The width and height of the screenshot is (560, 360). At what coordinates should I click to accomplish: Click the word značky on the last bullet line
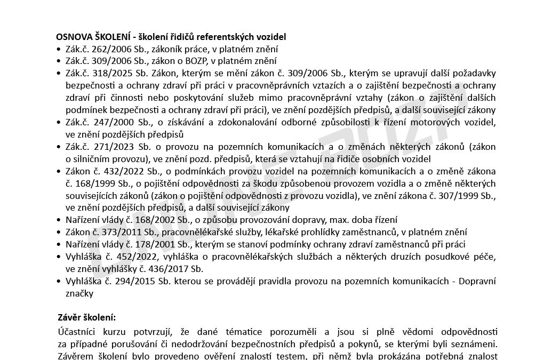tap(79, 293)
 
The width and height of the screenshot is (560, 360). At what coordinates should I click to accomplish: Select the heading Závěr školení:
tap(85, 317)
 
